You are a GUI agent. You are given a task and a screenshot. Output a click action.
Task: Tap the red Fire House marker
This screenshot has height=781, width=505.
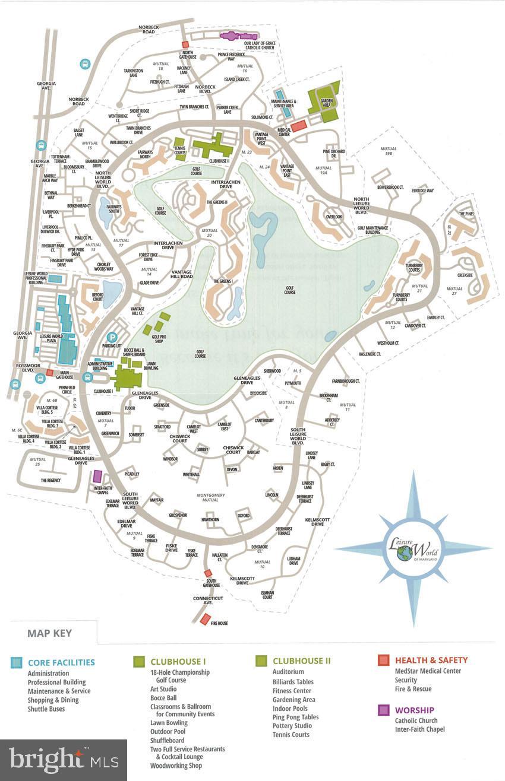pos(205,619)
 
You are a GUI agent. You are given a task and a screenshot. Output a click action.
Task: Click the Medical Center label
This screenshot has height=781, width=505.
pos(284,132)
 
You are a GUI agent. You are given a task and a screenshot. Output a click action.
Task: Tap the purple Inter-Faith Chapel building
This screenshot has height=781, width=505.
pos(98,477)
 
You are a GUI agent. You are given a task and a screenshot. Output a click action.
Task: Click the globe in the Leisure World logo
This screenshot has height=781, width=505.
pos(405,553)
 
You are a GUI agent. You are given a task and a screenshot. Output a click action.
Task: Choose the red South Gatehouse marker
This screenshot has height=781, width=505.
pos(208,573)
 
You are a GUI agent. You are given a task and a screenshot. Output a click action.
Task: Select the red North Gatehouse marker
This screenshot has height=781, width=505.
pos(185,45)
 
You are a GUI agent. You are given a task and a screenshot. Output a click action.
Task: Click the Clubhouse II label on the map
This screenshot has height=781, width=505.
pos(220,160)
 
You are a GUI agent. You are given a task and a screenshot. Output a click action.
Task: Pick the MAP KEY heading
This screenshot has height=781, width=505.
pos(49,633)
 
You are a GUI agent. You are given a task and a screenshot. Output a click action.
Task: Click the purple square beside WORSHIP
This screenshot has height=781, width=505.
pos(383,710)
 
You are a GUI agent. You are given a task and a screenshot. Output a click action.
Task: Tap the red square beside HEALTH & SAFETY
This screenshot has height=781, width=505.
pos(383,660)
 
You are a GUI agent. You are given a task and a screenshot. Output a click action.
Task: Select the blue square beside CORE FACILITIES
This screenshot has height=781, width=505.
pos(16,662)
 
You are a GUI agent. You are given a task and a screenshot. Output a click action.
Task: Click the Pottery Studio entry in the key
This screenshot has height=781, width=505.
pos(292,726)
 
